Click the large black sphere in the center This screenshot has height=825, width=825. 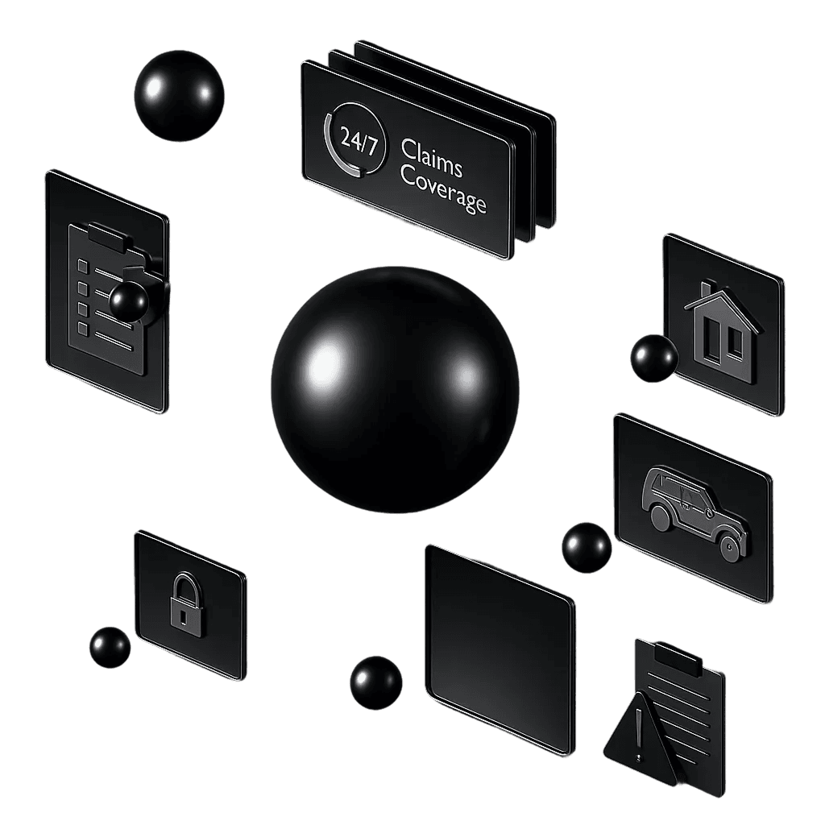(395, 391)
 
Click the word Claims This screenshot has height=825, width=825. (432, 159)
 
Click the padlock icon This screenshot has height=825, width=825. (186, 605)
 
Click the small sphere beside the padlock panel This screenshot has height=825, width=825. (110, 647)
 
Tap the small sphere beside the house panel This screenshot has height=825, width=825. (654, 359)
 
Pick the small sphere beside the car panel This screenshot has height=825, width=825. (587, 547)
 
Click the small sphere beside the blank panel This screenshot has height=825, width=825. (375, 682)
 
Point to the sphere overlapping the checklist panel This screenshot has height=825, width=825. (129, 301)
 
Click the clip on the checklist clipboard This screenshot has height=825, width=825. (110, 237)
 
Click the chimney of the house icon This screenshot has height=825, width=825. (706, 289)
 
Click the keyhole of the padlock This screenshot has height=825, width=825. (183, 616)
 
